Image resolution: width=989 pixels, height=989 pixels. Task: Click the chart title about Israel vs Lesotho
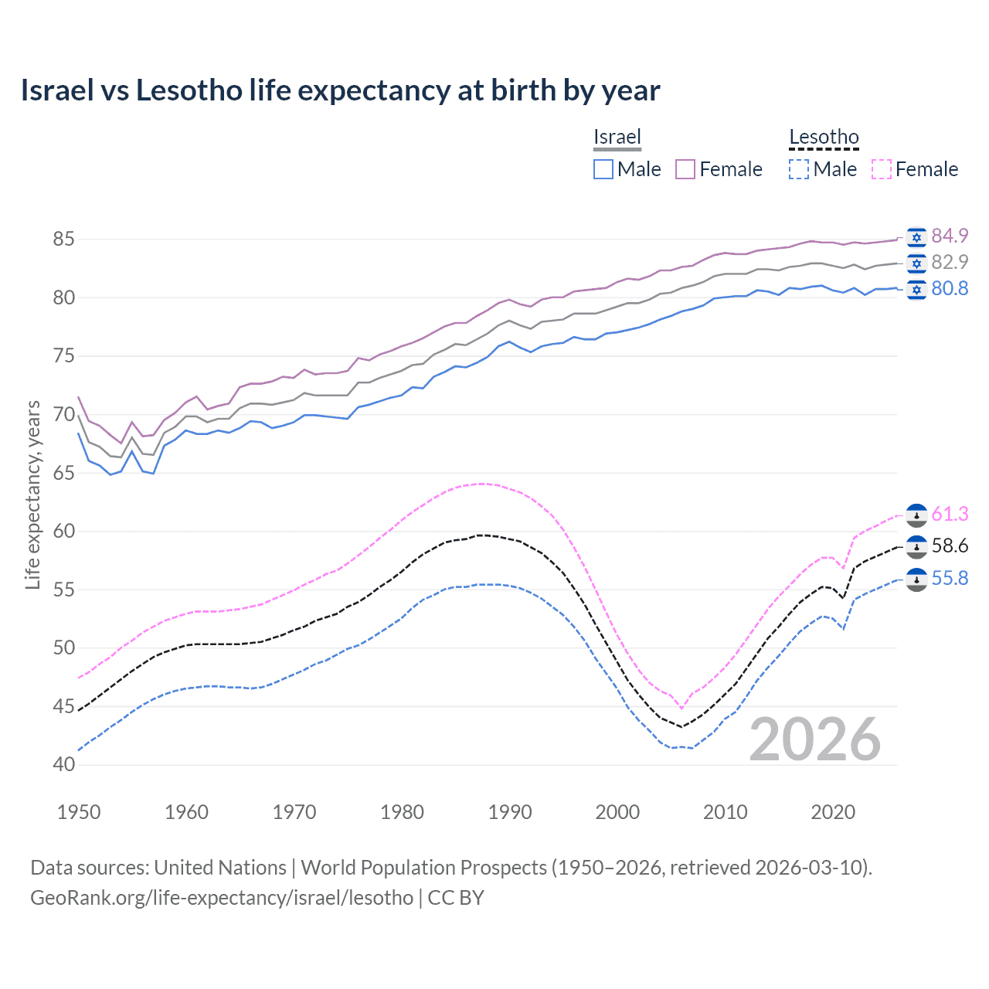(x=340, y=90)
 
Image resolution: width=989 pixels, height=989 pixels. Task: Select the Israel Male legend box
(x=603, y=169)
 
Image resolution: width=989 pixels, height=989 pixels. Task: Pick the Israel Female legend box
(x=685, y=169)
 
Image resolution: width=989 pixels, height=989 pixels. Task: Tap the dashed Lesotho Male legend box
(x=799, y=169)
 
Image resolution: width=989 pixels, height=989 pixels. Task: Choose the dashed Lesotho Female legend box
(x=882, y=169)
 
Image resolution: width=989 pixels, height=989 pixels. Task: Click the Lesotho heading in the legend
(x=824, y=138)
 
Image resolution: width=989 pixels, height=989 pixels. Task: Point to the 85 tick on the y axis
(x=63, y=240)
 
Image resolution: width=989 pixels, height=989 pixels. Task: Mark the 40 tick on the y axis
(x=63, y=765)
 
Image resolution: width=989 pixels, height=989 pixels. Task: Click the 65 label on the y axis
(x=63, y=473)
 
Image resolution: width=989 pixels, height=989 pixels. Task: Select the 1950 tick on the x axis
(x=79, y=812)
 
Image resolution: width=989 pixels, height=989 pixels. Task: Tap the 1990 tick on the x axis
(x=510, y=812)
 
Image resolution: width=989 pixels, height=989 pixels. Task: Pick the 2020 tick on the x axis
(x=833, y=812)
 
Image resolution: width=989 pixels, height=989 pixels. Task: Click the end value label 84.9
(x=950, y=236)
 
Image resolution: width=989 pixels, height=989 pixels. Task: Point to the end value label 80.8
(x=950, y=289)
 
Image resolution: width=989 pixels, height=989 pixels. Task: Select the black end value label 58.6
(x=950, y=546)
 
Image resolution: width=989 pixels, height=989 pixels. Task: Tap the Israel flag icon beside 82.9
(x=916, y=263)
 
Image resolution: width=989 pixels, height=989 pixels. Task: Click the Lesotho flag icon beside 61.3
(x=916, y=515)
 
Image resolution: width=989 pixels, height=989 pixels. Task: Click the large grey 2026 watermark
(x=815, y=739)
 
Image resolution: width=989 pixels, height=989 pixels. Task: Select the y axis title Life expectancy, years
(x=33, y=494)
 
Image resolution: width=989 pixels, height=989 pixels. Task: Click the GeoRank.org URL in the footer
(x=222, y=898)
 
